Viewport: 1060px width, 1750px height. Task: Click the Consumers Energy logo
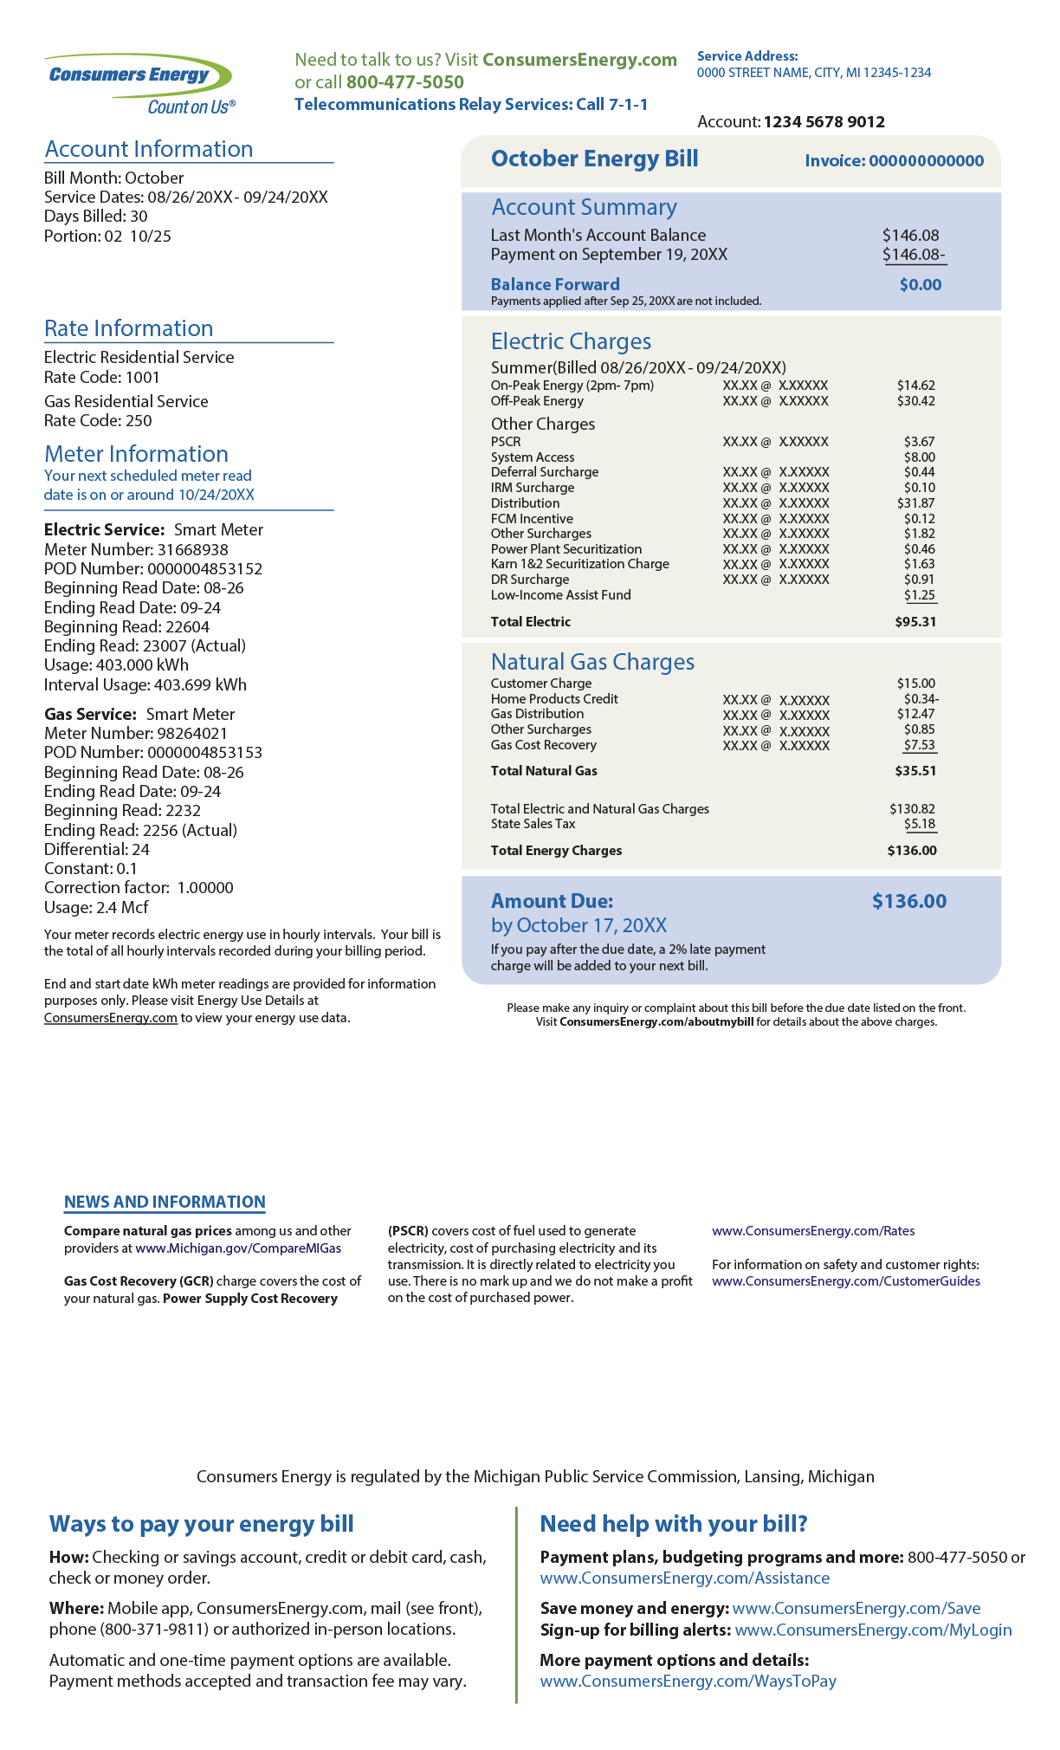point(139,83)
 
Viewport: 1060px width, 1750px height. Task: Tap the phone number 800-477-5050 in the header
point(404,82)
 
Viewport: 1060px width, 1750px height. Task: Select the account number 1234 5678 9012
point(824,122)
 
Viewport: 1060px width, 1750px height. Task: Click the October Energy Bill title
point(594,159)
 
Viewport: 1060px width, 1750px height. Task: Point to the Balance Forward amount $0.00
point(920,285)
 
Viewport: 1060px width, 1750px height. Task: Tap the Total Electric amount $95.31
point(915,622)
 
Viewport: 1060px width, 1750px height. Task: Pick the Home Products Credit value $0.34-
point(921,699)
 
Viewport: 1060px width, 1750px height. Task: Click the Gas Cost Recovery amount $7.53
point(919,745)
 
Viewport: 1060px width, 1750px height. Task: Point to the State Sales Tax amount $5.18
point(920,824)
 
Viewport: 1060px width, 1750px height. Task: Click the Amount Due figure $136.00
point(908,901)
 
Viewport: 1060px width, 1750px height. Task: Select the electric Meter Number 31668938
point(192,550)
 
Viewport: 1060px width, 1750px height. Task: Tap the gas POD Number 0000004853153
point(204,753)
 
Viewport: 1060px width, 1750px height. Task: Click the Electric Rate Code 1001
point(143,378)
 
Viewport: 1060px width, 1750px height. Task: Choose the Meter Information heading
point(136,454)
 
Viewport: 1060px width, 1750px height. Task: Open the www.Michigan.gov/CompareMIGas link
point(238,1248)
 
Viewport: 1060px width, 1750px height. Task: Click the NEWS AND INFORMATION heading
point(165,1202)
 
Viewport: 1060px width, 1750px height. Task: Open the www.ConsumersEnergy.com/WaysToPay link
point(688,1681)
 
